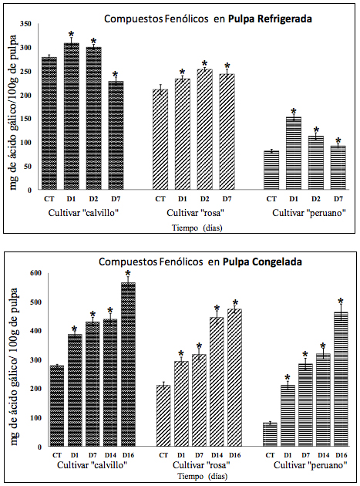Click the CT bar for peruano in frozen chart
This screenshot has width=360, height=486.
point(270,434)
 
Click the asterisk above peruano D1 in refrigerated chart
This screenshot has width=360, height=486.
point(294,111)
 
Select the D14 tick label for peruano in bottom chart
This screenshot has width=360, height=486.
point(324,456)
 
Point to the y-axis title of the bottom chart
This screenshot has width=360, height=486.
point(13,359)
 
